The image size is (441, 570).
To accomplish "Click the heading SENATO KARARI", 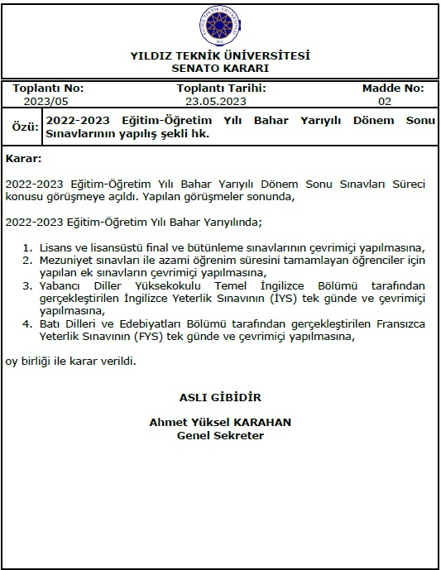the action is tap(220, 69).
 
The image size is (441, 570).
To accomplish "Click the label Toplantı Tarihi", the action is tap(221, 89).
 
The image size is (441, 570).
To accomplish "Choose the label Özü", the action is tap(21, 127).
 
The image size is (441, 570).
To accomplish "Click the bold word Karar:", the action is tap(23, 158).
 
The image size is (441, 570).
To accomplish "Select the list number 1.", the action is tap(27, 247).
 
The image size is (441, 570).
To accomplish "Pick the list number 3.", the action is tap(27, 285).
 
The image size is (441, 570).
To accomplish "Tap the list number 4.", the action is tap(27, 323).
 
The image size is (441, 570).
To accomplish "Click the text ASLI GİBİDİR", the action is tap(220, 396).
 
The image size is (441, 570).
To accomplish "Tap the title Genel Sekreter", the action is tap(220, 435).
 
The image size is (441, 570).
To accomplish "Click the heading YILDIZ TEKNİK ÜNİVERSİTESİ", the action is tap(220, 56).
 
